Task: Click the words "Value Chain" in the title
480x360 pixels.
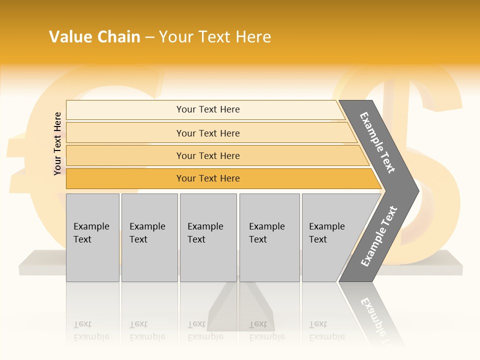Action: pyautogui.click(x=94, y=37)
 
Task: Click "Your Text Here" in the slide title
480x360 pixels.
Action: pyautogui.click(x=215, y=37)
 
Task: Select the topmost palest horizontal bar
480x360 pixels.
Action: pyautogui.click(x=125, y=109)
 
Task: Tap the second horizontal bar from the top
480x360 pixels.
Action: pyautogui.click(x=125, y=133)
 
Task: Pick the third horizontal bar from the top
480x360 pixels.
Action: pyautogui.click(x=125, y=155)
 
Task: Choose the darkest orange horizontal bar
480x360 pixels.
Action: pyautogui.click(x=125, y=178)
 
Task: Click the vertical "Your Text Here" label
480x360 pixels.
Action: pyautogui.click(x=57, y=143)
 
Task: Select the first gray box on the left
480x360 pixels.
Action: pyautogui.click(x=92, y=237)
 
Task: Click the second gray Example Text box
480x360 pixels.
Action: pyautogui.click(x=149, y=237)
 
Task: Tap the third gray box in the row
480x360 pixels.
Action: pyautogui.click(x=208, y=237)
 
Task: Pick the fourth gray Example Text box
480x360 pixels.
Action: pyautogui.click(x=269, y=237)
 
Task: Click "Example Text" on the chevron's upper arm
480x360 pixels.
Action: pyautogui.click(x=377, y=142)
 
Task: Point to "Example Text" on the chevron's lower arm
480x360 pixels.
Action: pyautogui.click(x=379, y=236)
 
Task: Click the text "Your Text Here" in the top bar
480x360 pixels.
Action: pyautogui.click(x=208, y=109)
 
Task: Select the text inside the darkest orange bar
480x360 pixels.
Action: pyautogui.click(x=208, y=178)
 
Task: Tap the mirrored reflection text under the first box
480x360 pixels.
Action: pyautogui.click(x=91, y=330)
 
